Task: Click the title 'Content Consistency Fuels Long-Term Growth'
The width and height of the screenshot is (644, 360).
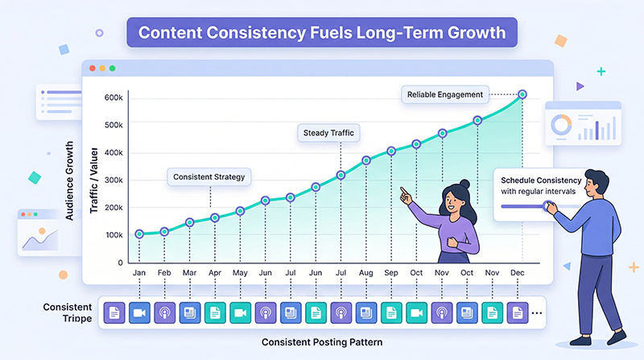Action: (322, 35)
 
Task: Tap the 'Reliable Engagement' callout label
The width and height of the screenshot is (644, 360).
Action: (444, 94)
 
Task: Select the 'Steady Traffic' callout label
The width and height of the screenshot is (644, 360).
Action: (328, 132)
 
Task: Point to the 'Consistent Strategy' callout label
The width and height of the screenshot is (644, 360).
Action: (209, 176)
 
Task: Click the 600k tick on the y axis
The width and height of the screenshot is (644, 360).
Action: (113, 97)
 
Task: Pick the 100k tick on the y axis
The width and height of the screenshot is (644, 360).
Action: (113, 235)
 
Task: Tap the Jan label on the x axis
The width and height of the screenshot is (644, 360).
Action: (139, 274)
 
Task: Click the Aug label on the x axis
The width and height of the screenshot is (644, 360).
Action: (365, 274)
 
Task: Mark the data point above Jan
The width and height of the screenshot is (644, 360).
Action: (139, 234)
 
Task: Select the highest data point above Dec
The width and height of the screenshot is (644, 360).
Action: (522, 94)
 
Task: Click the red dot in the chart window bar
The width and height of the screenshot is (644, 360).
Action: (93, 68)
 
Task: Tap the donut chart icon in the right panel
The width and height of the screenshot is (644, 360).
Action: (560, 126)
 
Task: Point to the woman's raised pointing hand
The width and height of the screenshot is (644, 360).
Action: (404, 194)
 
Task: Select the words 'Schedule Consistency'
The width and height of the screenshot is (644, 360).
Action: (536, 180)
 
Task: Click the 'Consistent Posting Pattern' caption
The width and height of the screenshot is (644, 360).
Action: (321, 342)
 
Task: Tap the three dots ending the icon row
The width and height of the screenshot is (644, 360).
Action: (536, 312)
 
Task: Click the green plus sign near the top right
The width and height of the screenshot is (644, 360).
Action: (601, 72)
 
